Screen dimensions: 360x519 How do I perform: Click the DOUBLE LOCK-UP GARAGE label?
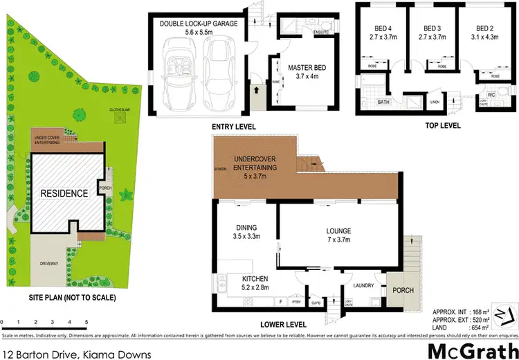pyautogui.click(x=199, y=24)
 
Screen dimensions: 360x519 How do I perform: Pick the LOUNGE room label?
pyautogui.click(x=339, y=231)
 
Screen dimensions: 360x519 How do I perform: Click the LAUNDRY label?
pyautogui.click(x=363, y=285)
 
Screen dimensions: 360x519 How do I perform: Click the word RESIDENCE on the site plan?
pyautogui.click(x=63, y=193)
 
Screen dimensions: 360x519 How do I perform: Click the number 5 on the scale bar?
pyautogui.click(x=86, y=323)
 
